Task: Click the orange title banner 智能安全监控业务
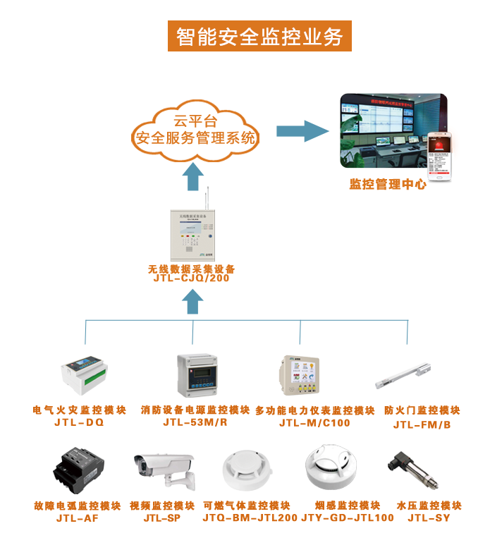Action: tap(259, 35)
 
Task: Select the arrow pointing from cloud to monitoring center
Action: tap(302, 130)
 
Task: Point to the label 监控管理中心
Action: tap(388, 185)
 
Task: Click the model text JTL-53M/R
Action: tap(195, 423)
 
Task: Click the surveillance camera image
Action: tap(163, 470)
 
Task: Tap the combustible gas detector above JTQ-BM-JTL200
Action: tap(246, 472)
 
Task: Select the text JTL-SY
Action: tap(429, 518)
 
